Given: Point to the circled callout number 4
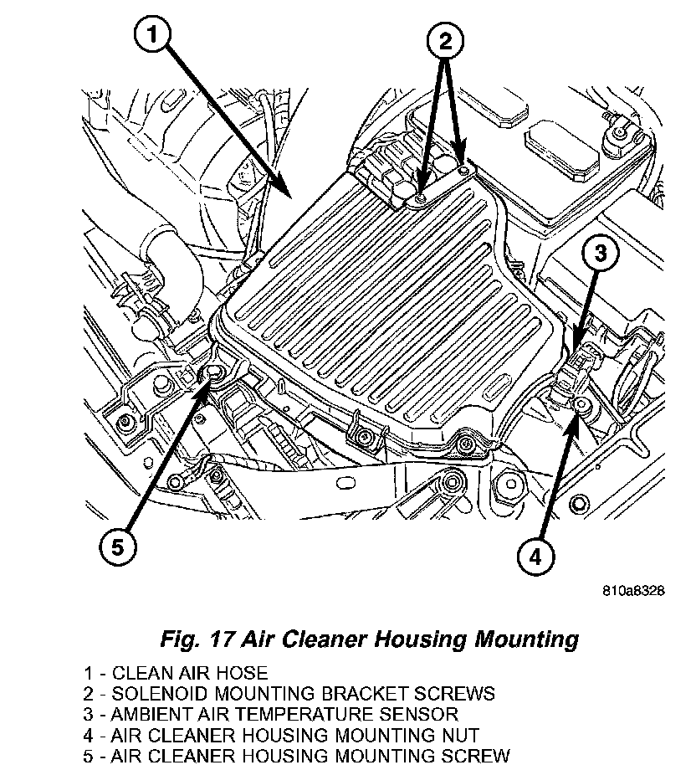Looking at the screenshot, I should pyautogui.click(x=535, y=554).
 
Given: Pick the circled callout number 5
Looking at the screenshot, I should pyautogui.click(x=118, y=547).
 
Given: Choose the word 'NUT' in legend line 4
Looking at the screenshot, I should pyautogui.click(x=460, y=735).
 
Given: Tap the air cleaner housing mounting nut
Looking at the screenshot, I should pyautogui.click(x=581, y=407).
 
